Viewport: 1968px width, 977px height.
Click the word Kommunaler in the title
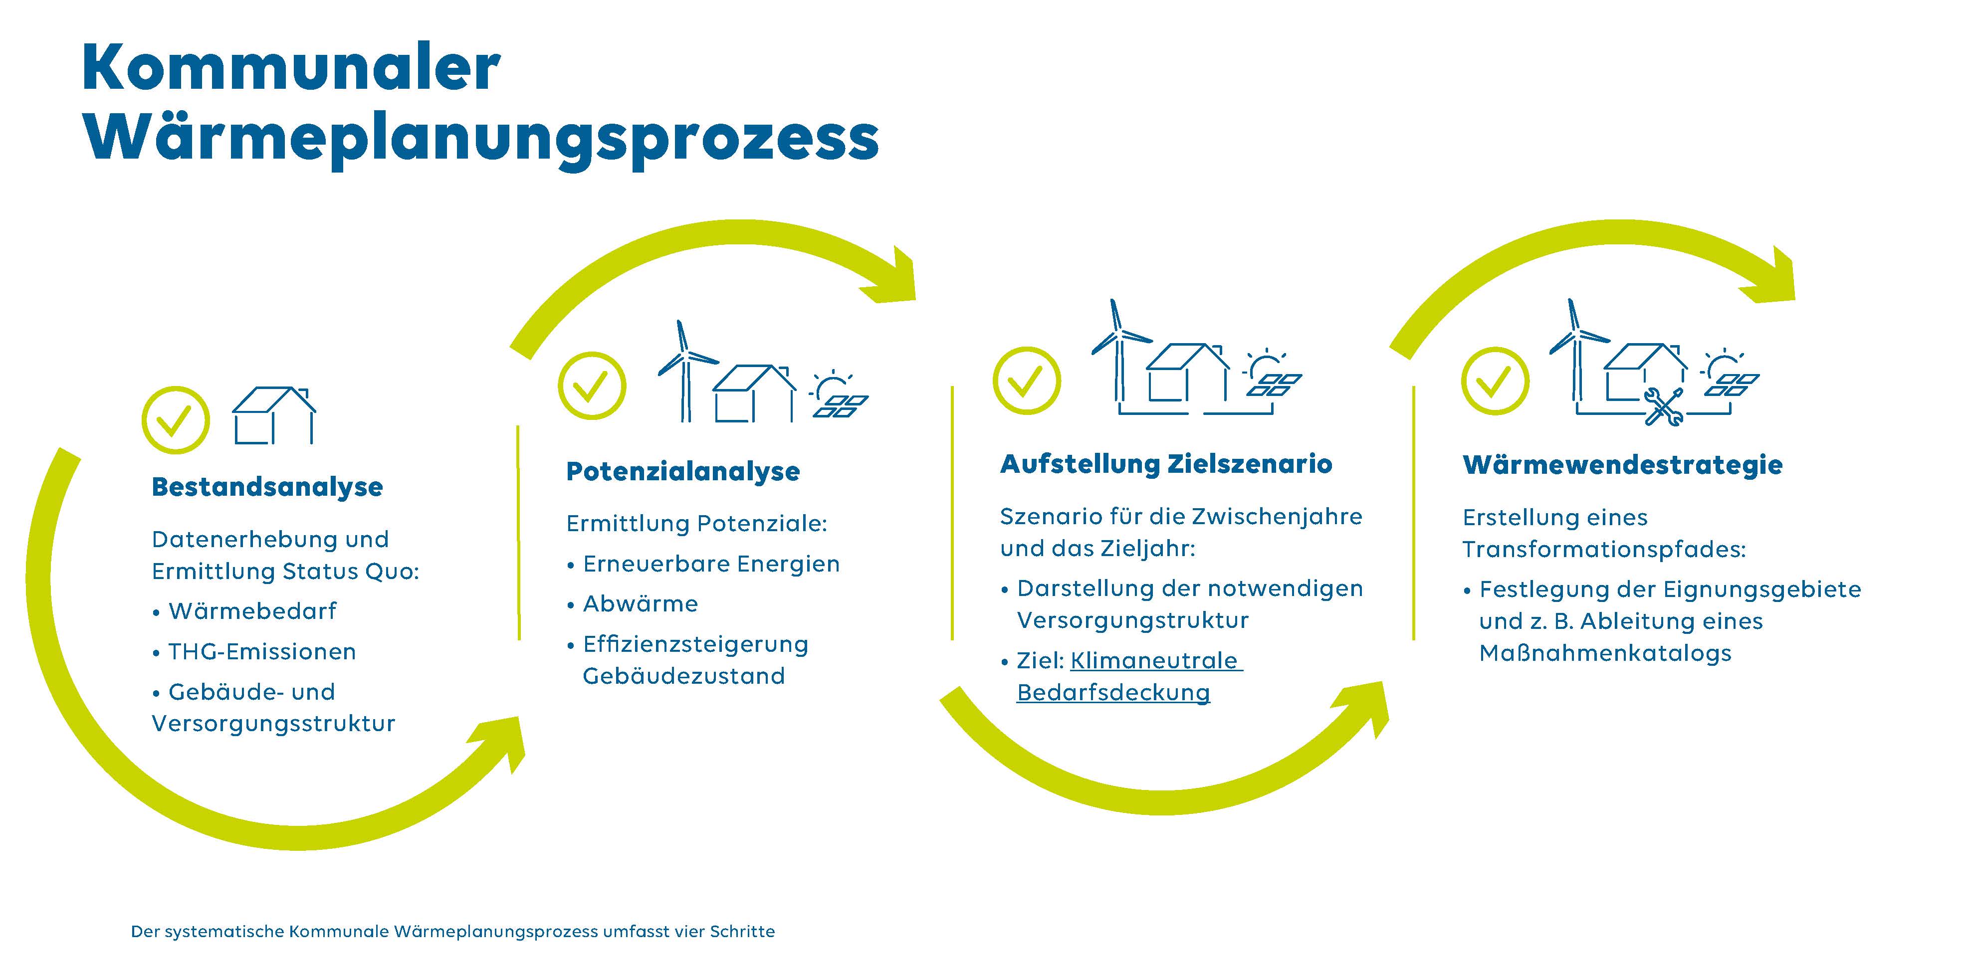click(291, 67)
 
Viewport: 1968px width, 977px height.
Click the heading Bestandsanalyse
click(267, 487)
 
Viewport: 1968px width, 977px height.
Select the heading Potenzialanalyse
click(683, 471)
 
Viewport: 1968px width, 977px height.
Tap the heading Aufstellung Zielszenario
click(1166, 464)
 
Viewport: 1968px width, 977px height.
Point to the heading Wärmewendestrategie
click(1623, 464)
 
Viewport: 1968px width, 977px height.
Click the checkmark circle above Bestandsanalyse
click(176, 420)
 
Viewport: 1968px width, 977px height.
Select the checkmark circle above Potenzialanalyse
click(592, 385)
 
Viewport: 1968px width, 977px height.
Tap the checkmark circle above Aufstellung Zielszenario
click(1027, 381)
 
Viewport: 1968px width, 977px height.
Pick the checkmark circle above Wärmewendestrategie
click(1495, 381)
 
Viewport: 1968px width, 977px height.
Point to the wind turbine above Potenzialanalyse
click(685, 371)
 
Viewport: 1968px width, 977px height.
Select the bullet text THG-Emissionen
click(262, 652)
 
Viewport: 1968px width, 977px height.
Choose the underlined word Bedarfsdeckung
click(1113, 693)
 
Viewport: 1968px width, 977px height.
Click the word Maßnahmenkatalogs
click(1605, 653)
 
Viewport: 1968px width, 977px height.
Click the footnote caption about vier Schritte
click(453, 931)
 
